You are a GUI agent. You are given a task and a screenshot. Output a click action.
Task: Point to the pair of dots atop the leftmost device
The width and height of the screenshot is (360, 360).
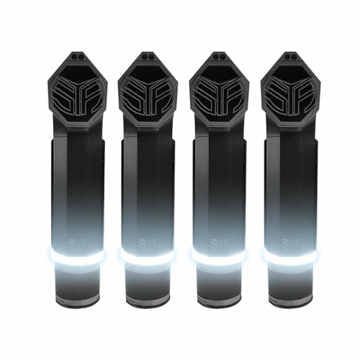78,55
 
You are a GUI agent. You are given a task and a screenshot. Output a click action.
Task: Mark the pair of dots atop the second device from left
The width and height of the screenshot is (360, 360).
149,55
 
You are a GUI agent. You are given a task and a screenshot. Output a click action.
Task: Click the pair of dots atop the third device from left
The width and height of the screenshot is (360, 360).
220,55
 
